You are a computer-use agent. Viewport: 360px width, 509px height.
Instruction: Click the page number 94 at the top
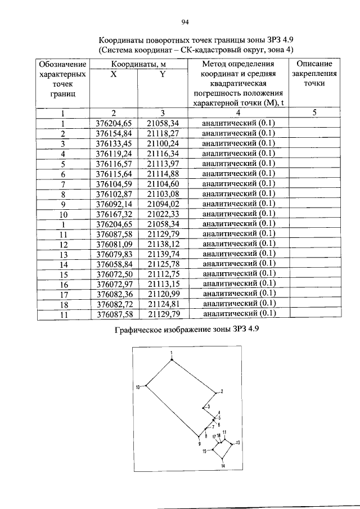point(183,22)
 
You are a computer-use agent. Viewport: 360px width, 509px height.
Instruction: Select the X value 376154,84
point(114,133)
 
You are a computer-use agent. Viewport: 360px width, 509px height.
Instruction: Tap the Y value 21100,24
point(162,143)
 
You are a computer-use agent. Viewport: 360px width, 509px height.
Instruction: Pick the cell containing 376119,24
point(114,153)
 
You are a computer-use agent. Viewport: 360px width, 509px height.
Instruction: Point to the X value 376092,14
point(114,204)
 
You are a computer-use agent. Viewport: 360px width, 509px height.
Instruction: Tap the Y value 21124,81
point(162,304)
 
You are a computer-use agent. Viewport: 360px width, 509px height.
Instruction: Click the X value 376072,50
point(114,274)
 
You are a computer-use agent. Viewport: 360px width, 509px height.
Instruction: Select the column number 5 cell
point(314,113)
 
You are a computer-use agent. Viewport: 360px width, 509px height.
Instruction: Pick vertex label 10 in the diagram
point(137,386)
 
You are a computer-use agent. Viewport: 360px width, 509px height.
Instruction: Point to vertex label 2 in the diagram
point(222,391)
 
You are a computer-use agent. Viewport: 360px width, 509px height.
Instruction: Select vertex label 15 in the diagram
point(205,451)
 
